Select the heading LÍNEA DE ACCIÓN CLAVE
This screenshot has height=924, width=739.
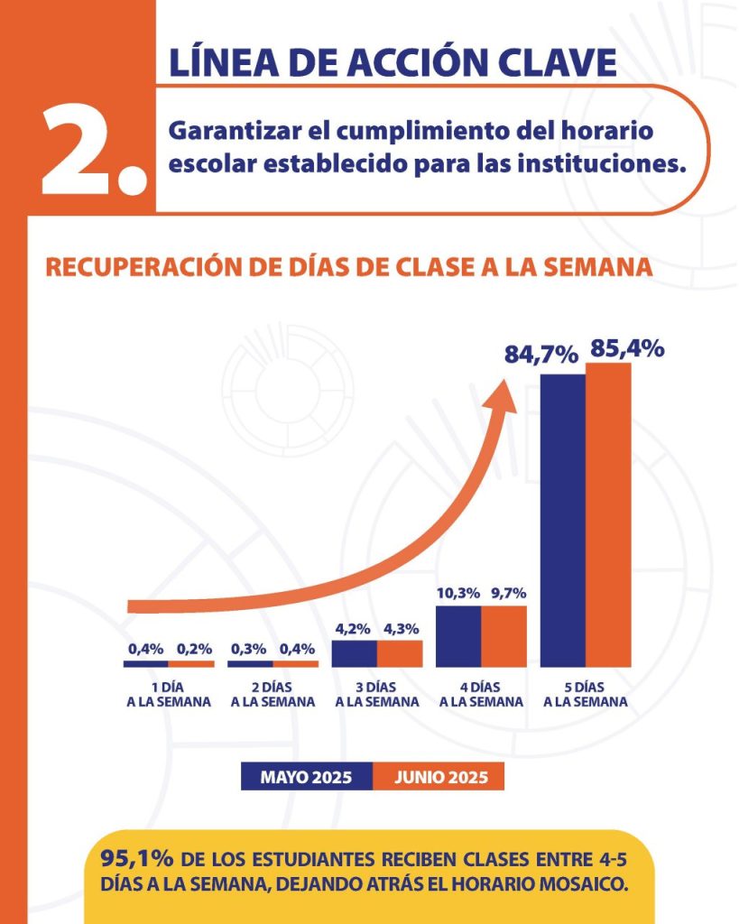tap(393, 60)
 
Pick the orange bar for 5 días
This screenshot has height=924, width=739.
tap(608, 514)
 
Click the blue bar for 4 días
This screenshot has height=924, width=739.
tap(457, 635)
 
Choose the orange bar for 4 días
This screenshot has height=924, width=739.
tap(503, 635)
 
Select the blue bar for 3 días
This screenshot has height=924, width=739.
tap(355, 652)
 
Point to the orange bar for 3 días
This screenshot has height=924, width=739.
tap(400, 652)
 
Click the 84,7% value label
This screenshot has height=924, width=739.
tap(540, 355)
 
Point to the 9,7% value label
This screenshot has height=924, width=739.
tap(507, 594)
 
